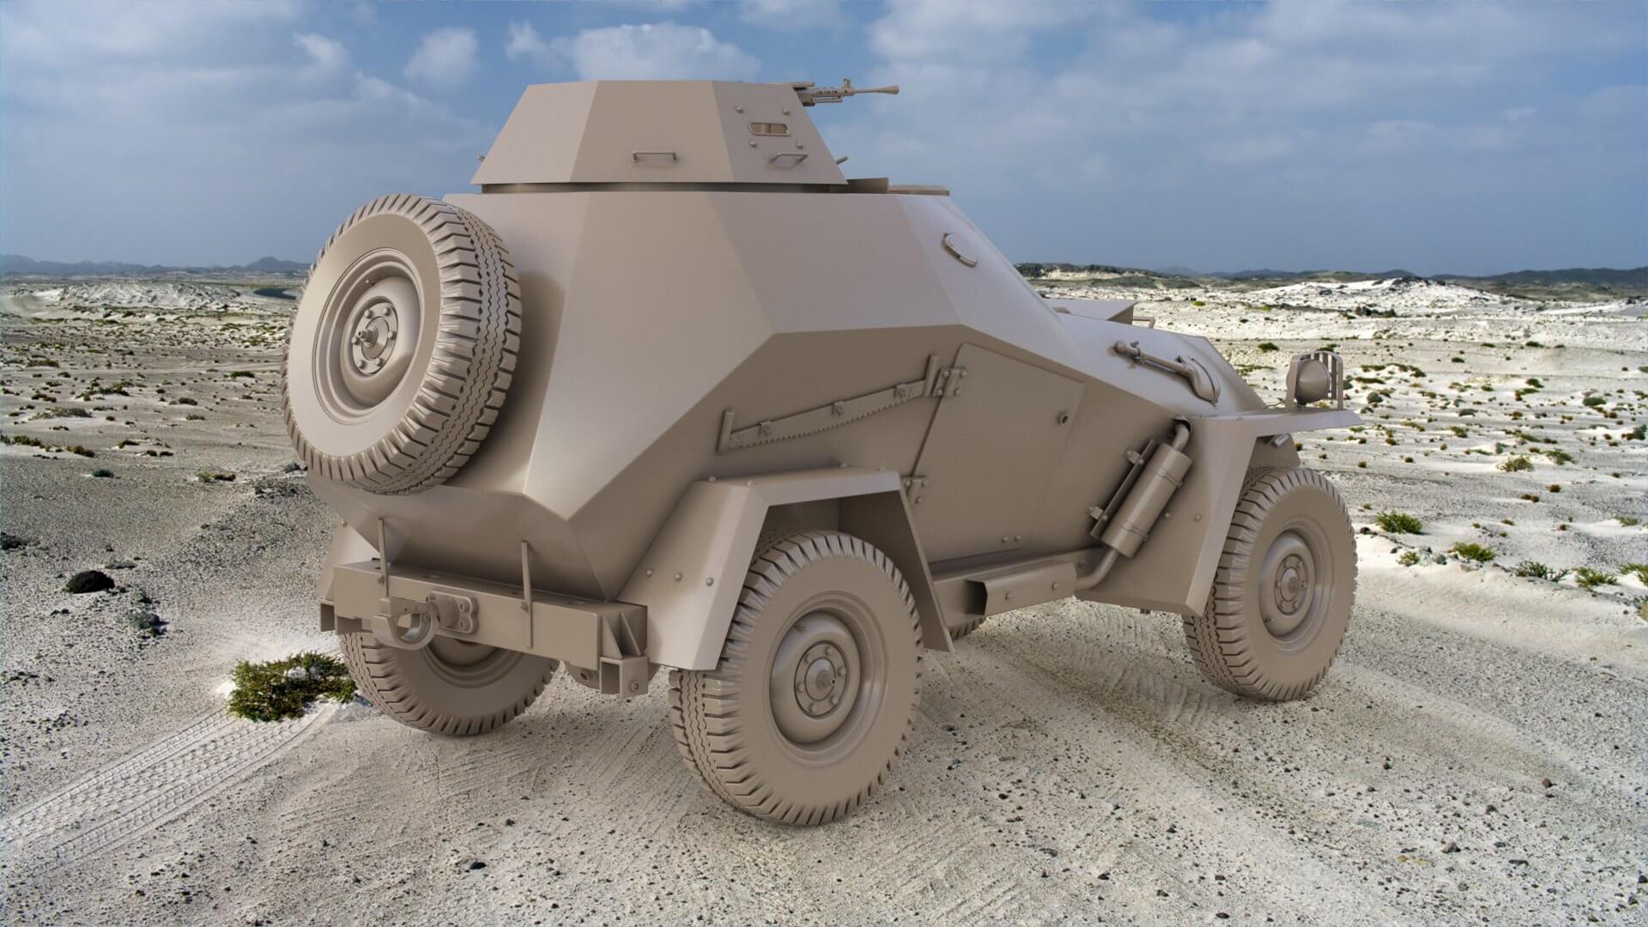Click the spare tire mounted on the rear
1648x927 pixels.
[402, 343]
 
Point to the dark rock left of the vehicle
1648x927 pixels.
[89, 581]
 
